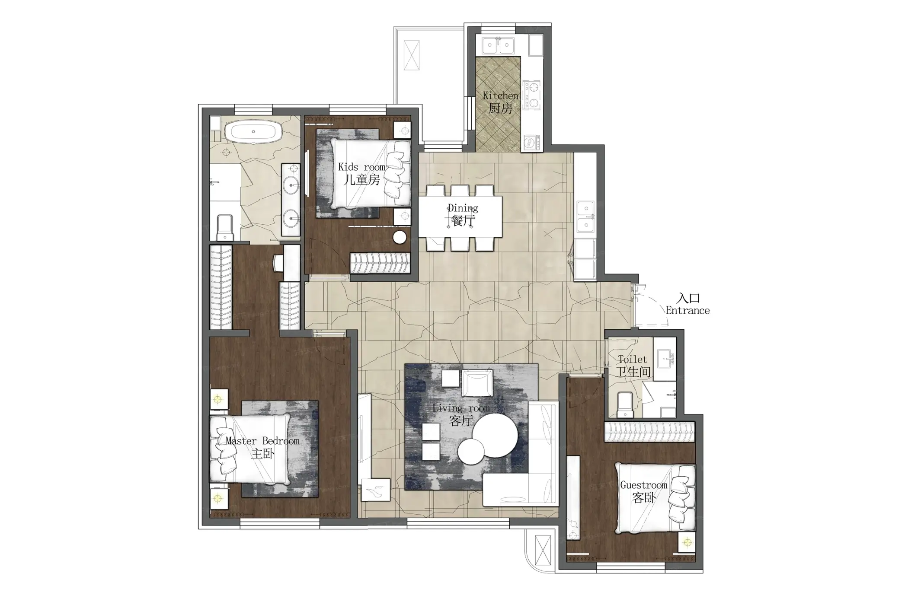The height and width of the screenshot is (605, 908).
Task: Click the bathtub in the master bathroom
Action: pyautogui.click(x=253, y=131)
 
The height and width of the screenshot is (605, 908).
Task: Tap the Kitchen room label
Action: pyautogui.click(x=500, y=96)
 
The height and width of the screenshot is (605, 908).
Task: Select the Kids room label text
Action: pyautogui.click(x=361, y=167)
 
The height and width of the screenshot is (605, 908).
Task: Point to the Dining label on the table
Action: pyautogui.click(x=463, y=208)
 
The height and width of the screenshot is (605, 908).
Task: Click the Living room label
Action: pyautogui.click(x=461, y=408)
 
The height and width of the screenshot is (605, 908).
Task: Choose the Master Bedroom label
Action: pyautogui.click(x=262, y=441)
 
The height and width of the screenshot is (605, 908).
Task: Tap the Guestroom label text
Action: pyautogui.click(x=644, y=485)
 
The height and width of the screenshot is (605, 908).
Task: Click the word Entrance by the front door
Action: pyautogui.click(x=687, y=310)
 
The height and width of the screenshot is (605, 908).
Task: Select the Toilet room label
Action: pyautogui.click(x=633, y=360)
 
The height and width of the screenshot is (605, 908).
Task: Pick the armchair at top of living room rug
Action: pyautogui.click(x=477, y=382)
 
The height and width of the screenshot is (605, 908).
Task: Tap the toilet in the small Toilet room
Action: pyautogui.click(x=625, y=404)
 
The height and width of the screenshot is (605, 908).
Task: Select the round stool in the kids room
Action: pyautogui.click(x=400, y=237)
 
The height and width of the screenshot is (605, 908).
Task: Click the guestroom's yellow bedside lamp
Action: pyautogui.click(x=687, y=543)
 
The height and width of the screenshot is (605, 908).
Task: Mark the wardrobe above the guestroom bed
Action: pyautogui.click(x=649, y=432)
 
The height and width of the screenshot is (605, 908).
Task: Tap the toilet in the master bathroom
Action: pyautogui.click(x=224, y=227)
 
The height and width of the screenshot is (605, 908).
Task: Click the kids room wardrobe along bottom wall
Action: pyautogui.click(x=380, y=263)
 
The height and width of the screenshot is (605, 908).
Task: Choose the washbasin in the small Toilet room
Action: pyautogui.click(x=665, y=358)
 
